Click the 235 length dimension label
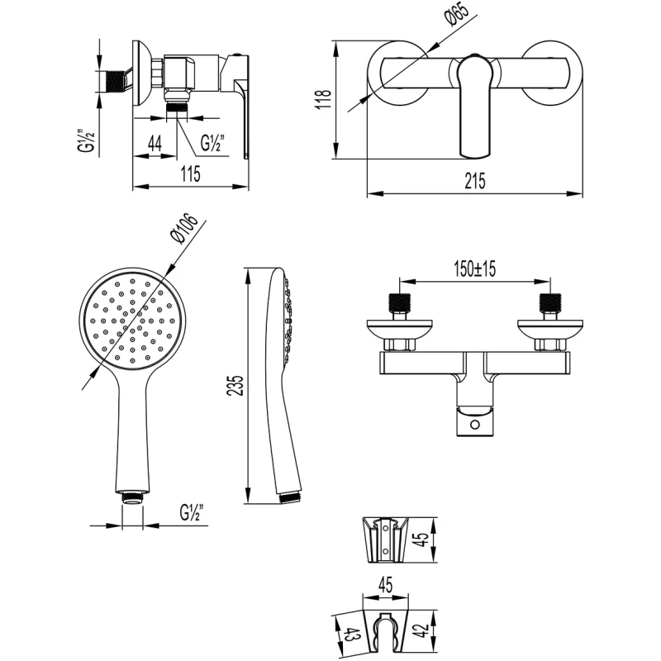[x=236, y=387]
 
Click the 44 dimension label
[x=154, y=141]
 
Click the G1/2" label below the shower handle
[x=192, y=512]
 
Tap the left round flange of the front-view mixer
[x=393, y=73]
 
